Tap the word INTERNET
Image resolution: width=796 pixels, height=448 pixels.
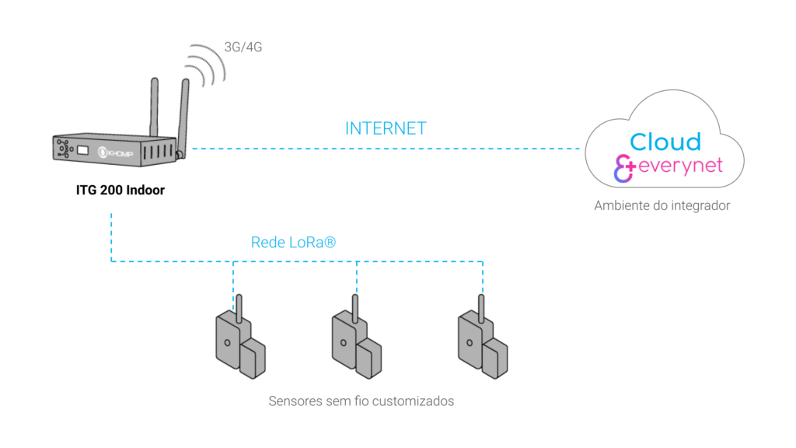pyautogui.click(x=386, y=128)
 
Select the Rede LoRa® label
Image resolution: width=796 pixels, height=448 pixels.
pyautogui.click(x=293, y=243)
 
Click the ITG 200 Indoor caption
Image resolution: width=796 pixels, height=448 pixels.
pyautogui.click(x=120, y=190)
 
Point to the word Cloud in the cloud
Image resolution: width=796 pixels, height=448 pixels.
pyautogui.click(x=665, y=142)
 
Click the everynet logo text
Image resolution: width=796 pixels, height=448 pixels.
pyautogui.click(x=680, y=166)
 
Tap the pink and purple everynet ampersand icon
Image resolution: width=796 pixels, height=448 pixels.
pyautogui.click(x=625, y=168)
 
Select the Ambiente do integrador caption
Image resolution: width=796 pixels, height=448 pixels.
pyautogui.click(x=662, y=206)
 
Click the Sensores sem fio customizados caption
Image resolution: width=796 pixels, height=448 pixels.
pyautogui.click(x=361, y=401)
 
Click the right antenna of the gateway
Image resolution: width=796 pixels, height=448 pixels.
pyautogui.click(x=183, y=113)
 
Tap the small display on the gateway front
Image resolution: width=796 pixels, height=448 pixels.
pyautogui.click(x=80, y=149)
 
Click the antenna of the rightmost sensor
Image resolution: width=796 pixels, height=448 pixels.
pyautogui.click(x=480, y=307)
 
